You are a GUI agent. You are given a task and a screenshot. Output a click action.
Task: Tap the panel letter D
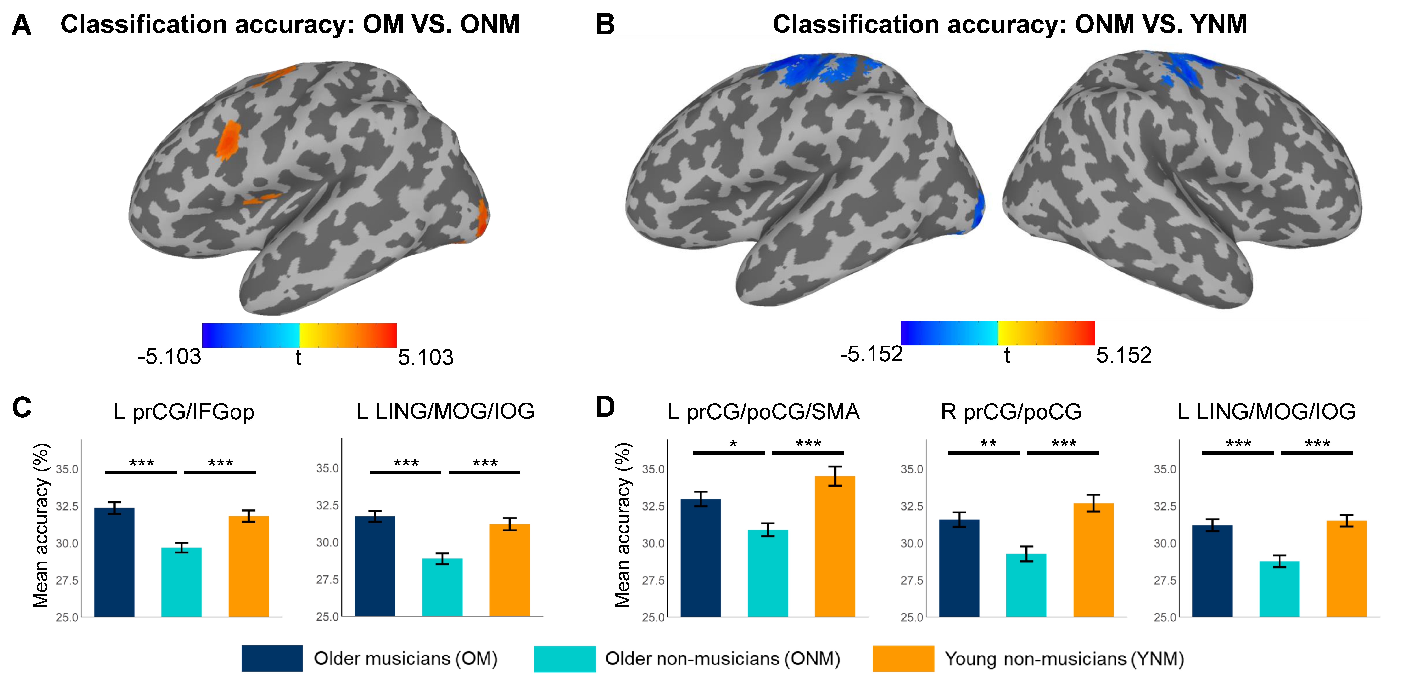[x=605, y=408]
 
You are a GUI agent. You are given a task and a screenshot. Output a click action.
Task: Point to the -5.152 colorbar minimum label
[x=871, y=354]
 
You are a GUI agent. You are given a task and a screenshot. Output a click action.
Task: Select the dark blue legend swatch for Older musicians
[x=272, y=658]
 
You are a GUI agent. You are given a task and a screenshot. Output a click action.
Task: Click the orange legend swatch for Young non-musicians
[x=903, y=658]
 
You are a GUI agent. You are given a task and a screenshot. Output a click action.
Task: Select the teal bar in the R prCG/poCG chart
[x=1026, y=585]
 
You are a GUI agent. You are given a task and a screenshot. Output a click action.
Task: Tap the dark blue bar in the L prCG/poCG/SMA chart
[x=700, y=558]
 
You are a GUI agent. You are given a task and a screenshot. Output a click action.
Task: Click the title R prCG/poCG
[x=1011, y=412]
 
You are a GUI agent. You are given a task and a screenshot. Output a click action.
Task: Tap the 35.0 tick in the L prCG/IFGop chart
[x=67, y=469]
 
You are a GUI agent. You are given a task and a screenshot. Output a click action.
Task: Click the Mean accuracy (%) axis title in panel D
[x=623, y=525]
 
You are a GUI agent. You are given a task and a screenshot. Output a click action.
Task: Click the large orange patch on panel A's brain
[x=228, y=140]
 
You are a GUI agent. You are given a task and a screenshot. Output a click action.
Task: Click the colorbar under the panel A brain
[x=299, y=335]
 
